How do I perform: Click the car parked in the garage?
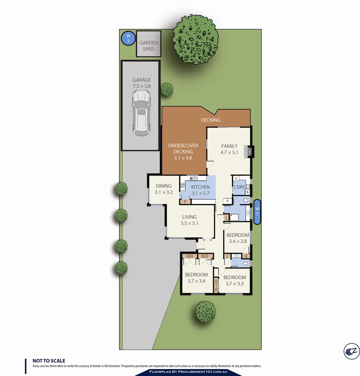(141, 113)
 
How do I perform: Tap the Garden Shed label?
(148, 46)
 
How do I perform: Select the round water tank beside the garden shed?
(128, 38)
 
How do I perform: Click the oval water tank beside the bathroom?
(258, 212)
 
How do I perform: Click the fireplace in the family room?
(250, 152)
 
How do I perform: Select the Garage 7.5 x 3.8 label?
(141, 83)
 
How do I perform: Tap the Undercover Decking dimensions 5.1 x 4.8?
(183, 158)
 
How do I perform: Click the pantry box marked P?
(185, 201)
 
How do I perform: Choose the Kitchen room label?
(200, 187)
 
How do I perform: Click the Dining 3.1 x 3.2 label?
(163, 189)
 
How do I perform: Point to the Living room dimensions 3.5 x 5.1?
(189, 223)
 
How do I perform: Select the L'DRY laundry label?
(239, 187)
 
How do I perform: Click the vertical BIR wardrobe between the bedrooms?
(216, 285)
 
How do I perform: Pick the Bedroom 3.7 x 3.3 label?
(234, 280)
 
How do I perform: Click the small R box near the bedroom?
(246, 257)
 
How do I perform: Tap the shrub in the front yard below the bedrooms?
(205, 312)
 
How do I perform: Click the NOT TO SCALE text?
(49, 361)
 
